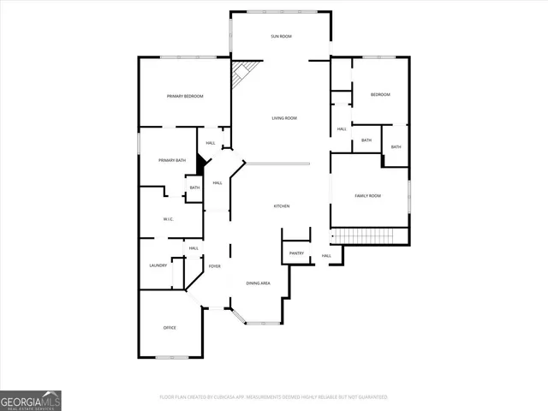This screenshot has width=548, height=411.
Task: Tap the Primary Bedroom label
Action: pyautogui.click(x=185, y=96)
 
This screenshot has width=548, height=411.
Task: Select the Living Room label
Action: pyautogui.click(x=284, y=118)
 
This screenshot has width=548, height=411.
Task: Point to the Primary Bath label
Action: pyautogui.click(x=172, y=160)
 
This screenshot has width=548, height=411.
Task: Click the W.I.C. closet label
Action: pyautogui.click(x=169, y=219)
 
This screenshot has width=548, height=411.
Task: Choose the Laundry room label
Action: pyautogui.click(x=158, y=265)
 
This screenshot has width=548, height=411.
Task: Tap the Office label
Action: pyautogui.click(x=170, y=328)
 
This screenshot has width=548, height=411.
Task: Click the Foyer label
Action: pyautogui.click(x=214, y=266)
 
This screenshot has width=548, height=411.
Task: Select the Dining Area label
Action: pyautogui.click(x=259, y=283)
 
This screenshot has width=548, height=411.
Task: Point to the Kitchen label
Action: pyautogui.click(x=281, y=206)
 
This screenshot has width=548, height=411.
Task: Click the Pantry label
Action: pyautogui.click(x=296, y=253)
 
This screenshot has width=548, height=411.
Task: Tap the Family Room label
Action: pyautogui.click(x=368, y=196)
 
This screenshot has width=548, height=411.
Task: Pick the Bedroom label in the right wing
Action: pyautogui.click(x=380, y=94)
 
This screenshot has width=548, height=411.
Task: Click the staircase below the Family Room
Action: pyautogui.click(x=362, y=235)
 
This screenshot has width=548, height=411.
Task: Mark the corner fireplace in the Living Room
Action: pyautogui.click(x=241, y=74)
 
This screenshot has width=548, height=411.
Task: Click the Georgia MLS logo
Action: pyautogui.click(x=31, y=400)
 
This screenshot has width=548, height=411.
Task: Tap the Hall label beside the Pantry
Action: pyautogui.click(x=326, y=256)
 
